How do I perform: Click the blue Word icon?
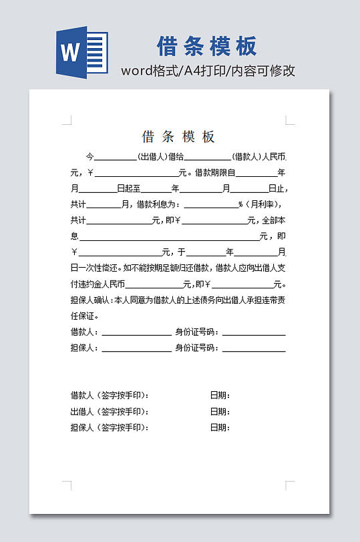[81, 52]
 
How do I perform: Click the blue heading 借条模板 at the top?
[206, 47]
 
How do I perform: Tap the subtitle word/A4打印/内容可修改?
[208, 71]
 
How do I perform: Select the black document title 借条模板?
[178, 137]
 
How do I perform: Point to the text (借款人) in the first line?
[247, 158]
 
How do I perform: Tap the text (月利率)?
[263, 204]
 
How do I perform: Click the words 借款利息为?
[158, 204]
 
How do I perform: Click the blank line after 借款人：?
[136, 332]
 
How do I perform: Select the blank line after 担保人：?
[136, 348]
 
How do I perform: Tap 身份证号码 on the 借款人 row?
[196, 332]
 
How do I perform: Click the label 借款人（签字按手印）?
[110, 395]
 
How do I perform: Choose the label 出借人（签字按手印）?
[110, 411]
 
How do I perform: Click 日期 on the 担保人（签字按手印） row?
[220, 427]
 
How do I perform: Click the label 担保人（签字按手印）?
[110, 427]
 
